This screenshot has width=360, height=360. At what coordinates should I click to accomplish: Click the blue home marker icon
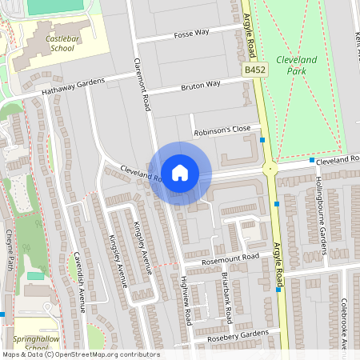(180, 172)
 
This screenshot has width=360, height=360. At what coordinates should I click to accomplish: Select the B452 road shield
(255, 71)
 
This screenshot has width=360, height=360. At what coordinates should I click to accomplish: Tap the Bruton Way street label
(201, 84)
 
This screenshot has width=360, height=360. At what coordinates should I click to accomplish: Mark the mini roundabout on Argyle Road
(270, 168)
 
